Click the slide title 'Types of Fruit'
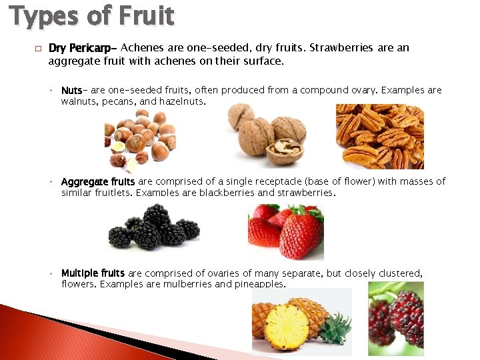pyautogui.click(x=91, y=15)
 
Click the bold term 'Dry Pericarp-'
pyautogui.click(x=83, y=48)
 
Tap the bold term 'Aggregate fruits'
pyautogui.click(x=98, y=181)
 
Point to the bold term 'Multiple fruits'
pyautogui.click(x=93, y=273)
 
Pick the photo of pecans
pyautogui.click(x=379, y=137)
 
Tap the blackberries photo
pyautogui.click(x=154, y=226)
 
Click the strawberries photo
pyautogui.click(x=286, y=231)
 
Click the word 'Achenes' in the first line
pyautogui.click(x=141, y=48)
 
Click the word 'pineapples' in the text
pyautogui.click(x=261, y=285)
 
